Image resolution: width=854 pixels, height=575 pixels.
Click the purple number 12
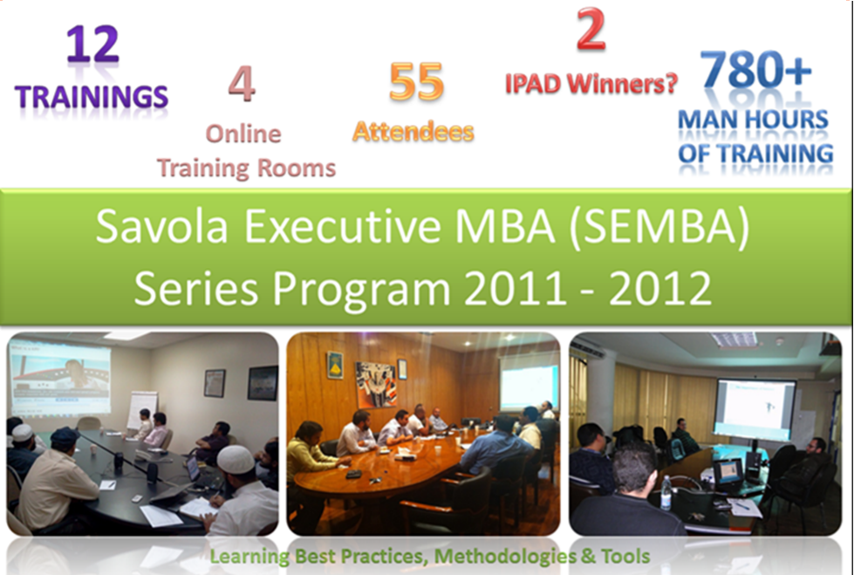click(92, 44)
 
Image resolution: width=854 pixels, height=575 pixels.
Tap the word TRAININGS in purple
click(92, 97)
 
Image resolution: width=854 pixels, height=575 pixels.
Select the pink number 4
click(242, 84)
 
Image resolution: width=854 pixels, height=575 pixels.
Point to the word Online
click(243, 134)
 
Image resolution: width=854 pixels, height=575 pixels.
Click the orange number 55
click(417, 82)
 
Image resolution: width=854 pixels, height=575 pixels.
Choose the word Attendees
click(413, 132)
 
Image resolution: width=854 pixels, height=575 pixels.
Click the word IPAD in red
click(533, 84)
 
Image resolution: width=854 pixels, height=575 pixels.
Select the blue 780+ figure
click(755, 69)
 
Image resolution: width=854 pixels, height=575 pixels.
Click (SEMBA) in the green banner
click(659, 227)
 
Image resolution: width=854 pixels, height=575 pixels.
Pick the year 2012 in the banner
click(660, 289)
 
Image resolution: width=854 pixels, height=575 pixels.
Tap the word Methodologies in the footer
click(505, 557)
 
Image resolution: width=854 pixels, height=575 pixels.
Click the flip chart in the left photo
click(141, 409)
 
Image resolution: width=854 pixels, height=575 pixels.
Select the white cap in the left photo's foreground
click(236, 459)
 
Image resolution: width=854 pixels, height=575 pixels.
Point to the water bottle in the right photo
click(666, 492)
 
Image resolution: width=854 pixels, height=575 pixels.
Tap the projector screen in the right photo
click(755, 408)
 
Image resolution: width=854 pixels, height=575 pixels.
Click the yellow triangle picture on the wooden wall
click(334, 366)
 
